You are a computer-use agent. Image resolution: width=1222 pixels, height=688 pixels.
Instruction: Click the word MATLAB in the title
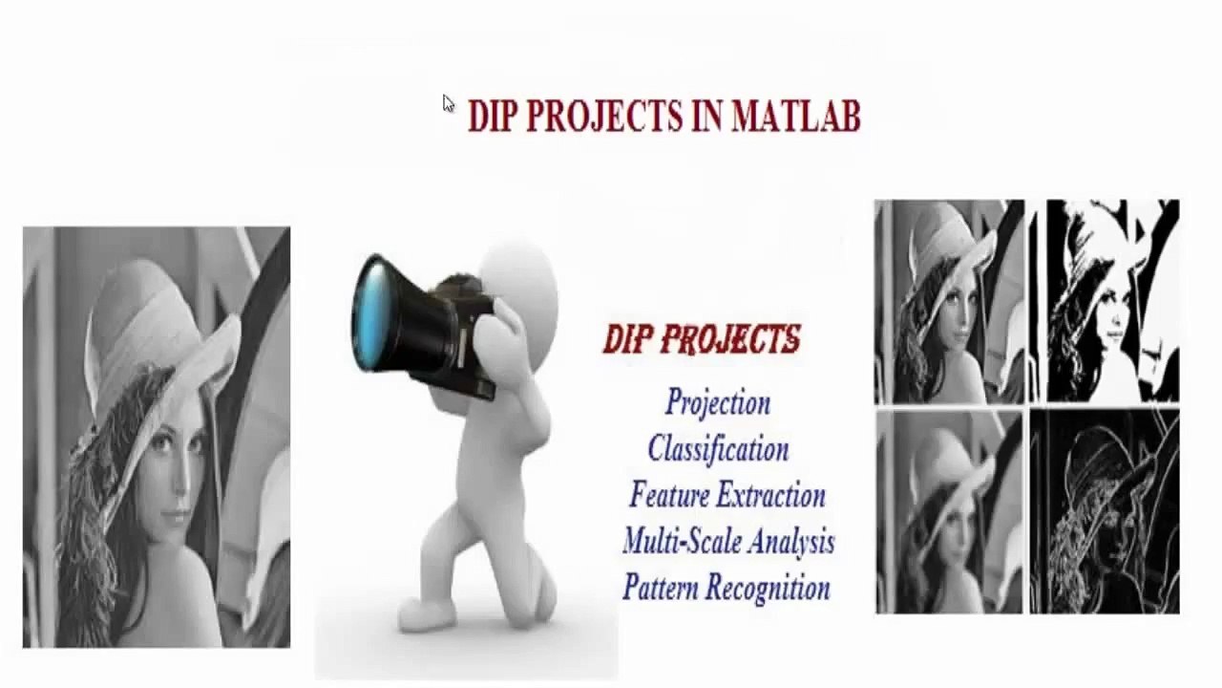click(x=795, y=116)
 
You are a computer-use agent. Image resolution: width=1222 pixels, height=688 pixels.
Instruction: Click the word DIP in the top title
click(x=493, y=116)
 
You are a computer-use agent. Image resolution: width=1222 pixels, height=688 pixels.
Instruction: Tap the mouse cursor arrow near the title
click(x=448, y=102)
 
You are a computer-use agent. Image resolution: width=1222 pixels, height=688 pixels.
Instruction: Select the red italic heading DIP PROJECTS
click(x=702, y=339)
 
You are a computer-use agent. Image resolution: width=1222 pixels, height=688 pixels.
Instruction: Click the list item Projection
click(x=718, y=402)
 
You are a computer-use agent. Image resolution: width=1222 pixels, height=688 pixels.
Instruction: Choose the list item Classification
click(x=718, y=449)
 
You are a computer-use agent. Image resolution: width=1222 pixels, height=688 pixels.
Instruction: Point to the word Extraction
click(x=770, y=495)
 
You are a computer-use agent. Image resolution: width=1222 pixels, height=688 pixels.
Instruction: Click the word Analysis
click(x=791, y=542)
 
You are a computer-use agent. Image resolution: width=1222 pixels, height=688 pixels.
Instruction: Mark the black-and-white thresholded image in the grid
click(x=1112, y=301)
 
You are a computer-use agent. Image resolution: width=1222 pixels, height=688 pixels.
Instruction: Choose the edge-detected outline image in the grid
click(x=1106, y=512)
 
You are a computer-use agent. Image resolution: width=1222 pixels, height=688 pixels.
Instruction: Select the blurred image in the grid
click(x=949, y=512)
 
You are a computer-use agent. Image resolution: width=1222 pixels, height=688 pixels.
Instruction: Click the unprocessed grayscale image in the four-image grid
click(x=949, y=301)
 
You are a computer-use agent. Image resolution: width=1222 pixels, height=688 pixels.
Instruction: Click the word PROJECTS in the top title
click(x=603, y=116)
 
